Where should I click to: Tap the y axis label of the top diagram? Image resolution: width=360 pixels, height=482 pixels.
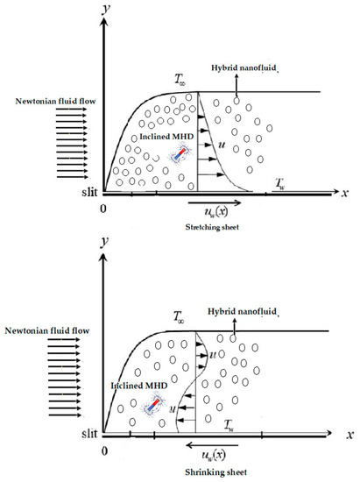point(103,11)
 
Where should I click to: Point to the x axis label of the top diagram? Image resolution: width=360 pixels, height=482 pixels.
point(347,192)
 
